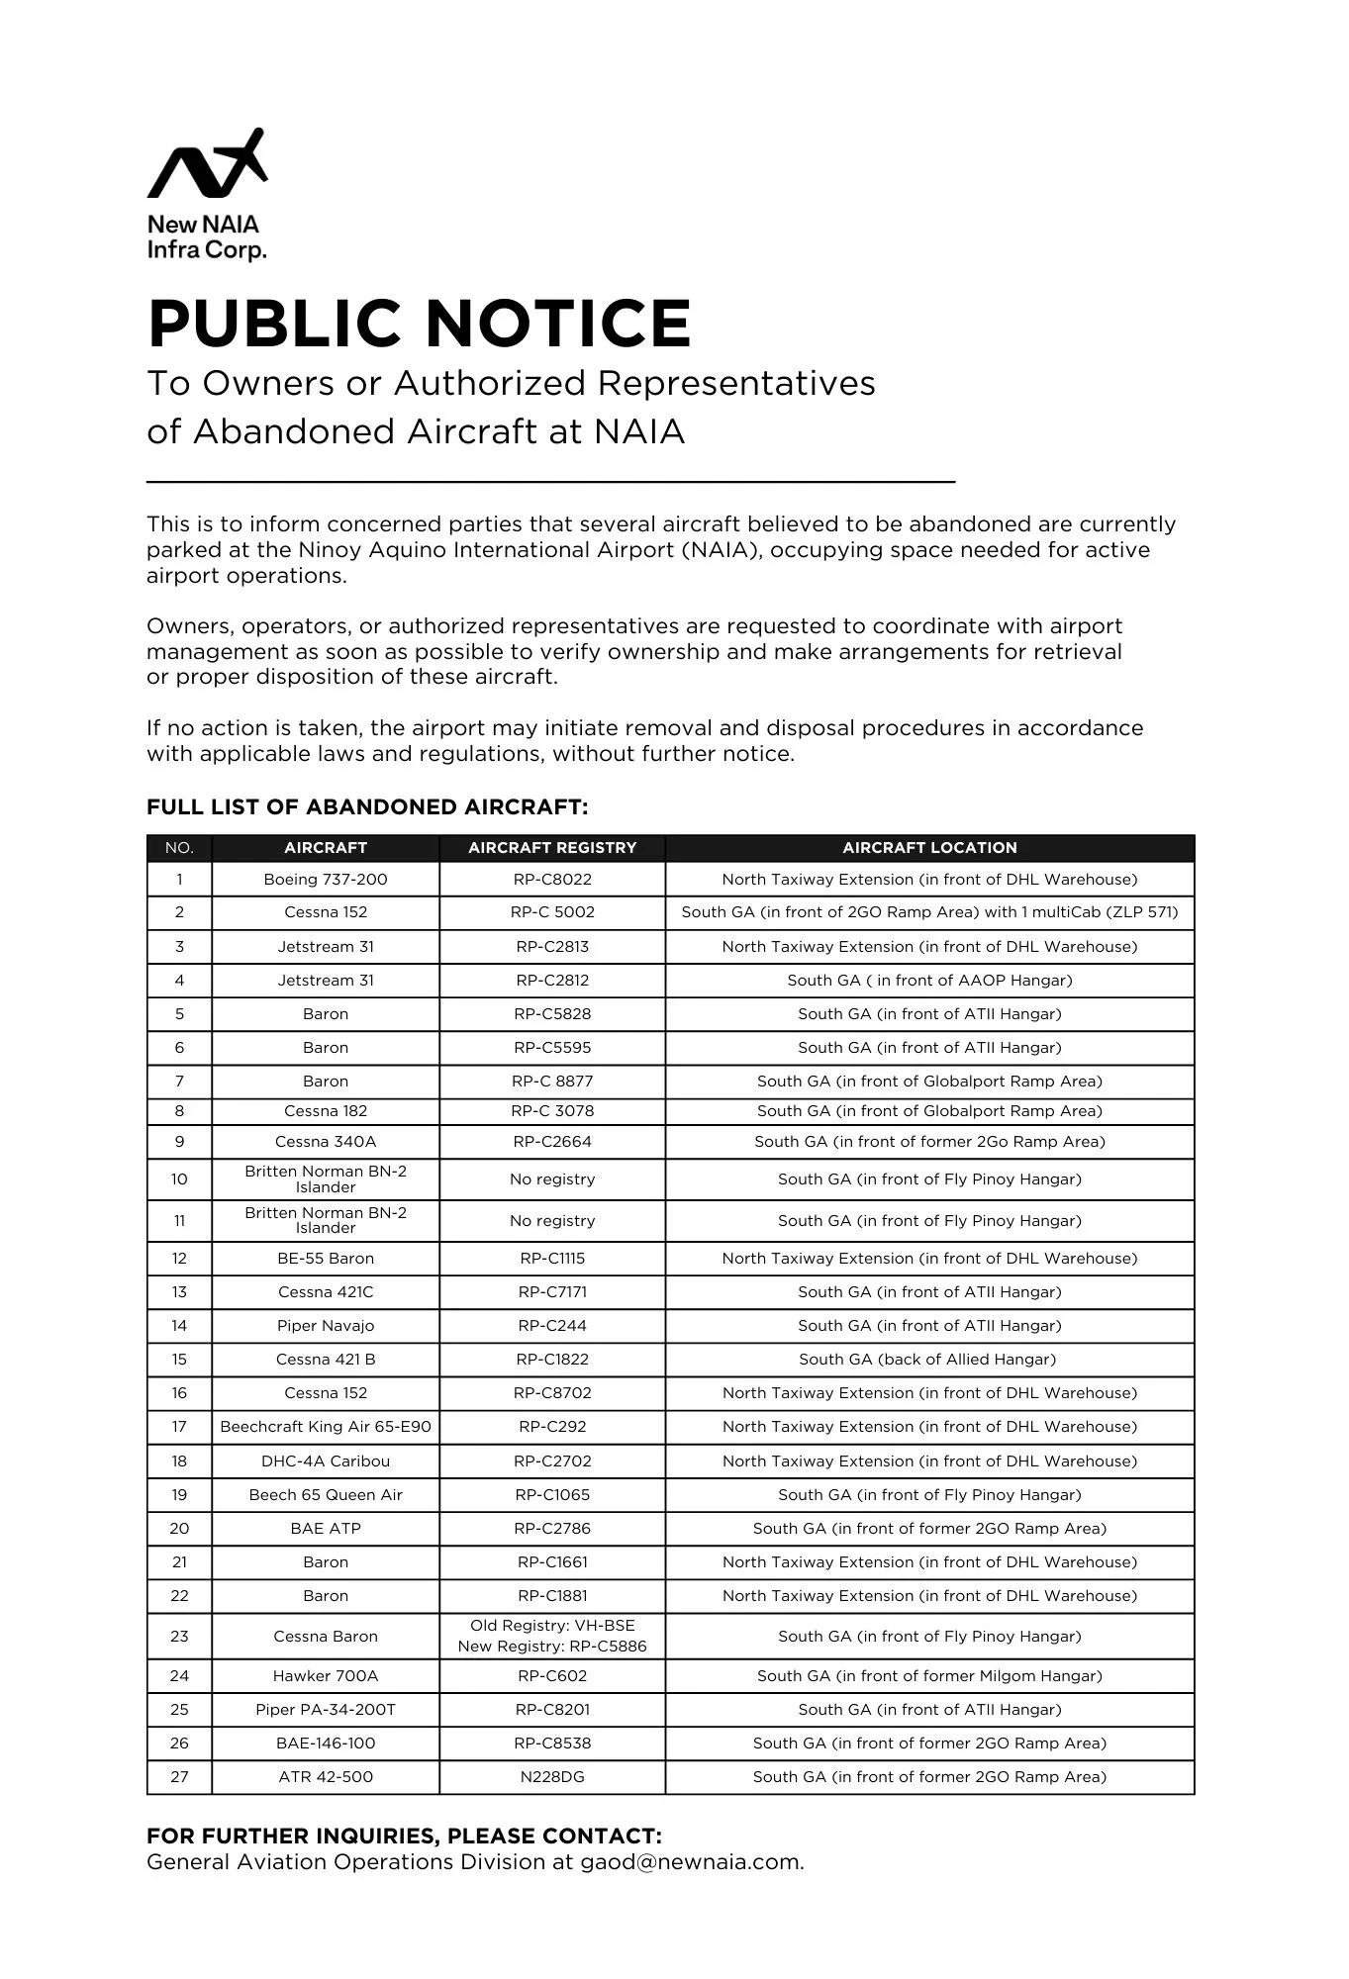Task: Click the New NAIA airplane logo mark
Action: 207,164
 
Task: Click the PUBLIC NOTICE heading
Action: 419,324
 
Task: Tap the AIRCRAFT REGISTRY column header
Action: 552,848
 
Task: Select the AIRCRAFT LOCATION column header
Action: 929,848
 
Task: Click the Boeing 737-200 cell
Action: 326,880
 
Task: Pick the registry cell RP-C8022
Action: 552,880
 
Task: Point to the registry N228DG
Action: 552,1777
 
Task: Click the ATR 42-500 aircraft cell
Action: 326,1777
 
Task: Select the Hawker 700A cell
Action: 326,1676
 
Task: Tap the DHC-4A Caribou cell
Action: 326,1461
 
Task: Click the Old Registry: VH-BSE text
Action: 552,1626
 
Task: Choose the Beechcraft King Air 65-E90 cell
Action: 326,1427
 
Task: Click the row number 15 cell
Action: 179,1360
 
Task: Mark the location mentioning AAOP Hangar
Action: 929,981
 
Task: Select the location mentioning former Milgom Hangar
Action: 929,1676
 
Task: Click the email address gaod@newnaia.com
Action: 691,1862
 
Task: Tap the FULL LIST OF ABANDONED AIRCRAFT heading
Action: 367,807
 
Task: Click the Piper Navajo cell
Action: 326,1326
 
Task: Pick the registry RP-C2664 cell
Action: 552,1142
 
